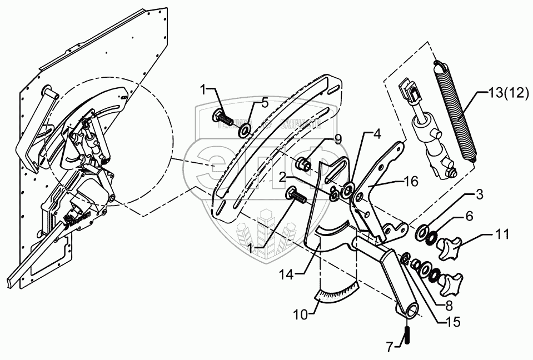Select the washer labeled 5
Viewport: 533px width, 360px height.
(244, 132)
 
